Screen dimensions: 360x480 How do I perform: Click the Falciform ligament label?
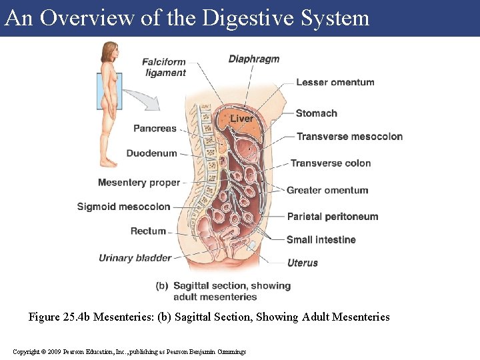click(x=164, y=67)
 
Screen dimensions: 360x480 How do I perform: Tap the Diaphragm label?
click(x=254, y=59)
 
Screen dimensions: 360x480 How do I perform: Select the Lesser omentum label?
click(x=335, y=83)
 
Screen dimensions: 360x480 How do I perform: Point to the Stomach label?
click(x=316, y=113)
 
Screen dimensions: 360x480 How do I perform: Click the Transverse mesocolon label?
click(x=349, y=137)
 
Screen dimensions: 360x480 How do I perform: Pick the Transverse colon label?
click(x=331, y=163)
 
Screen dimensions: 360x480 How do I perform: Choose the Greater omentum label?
click(x=327, y=191)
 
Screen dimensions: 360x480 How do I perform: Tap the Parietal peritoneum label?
click(x=332, y=217)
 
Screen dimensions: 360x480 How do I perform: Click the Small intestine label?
click(x=321, y=240)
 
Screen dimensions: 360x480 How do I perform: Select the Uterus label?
click(x=303, y=263)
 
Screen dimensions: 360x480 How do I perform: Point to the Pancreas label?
click(x=155, y=128)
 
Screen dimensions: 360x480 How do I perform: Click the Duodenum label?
click(x=152, y=153)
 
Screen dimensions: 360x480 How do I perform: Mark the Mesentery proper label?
click(x=139, y=183)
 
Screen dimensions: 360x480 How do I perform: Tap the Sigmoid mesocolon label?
click(x=123, y=207)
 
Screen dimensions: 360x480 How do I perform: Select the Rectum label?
click(x=148, y=231)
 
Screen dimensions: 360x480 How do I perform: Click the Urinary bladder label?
click(x=135, y=258)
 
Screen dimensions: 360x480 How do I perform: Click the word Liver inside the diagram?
click(x=241, y=119)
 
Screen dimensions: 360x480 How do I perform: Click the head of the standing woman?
click(x=108, y=51)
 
